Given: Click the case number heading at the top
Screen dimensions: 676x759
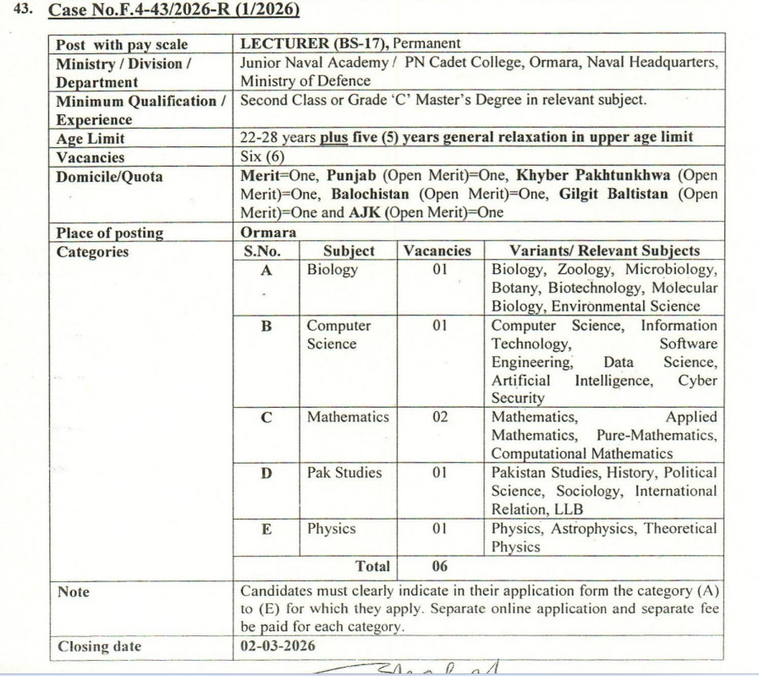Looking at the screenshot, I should [x=173, y=11].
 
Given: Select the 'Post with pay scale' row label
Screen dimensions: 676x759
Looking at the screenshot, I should [x=122, y=45].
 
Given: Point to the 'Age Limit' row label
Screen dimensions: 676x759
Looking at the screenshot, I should [x=91, y=139].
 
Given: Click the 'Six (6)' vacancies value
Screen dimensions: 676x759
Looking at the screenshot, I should [x=262, y=157].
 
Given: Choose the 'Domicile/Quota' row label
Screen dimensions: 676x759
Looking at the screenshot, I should [x=109, y=176].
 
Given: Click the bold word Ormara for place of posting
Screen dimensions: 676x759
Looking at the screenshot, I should [x=268, y=233].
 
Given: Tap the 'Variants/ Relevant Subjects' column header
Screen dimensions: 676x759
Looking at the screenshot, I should [x=604, y=251].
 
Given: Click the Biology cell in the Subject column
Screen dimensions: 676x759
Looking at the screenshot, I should [x=333, y=270].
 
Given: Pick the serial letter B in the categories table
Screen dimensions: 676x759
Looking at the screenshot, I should [x=267, y=326].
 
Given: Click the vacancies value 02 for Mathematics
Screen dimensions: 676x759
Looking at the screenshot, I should [x=440, y=417].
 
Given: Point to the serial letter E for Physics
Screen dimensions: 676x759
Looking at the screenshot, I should [x=267, y=529].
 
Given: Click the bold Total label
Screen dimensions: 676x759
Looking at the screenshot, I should [x=373, y=566].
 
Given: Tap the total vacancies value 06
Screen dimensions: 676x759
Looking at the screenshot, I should [x=440, y=566].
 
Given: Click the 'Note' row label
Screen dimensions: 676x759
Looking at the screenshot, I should [x=73, y=591].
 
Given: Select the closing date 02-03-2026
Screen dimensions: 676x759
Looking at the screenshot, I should [x=277, y=646].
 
